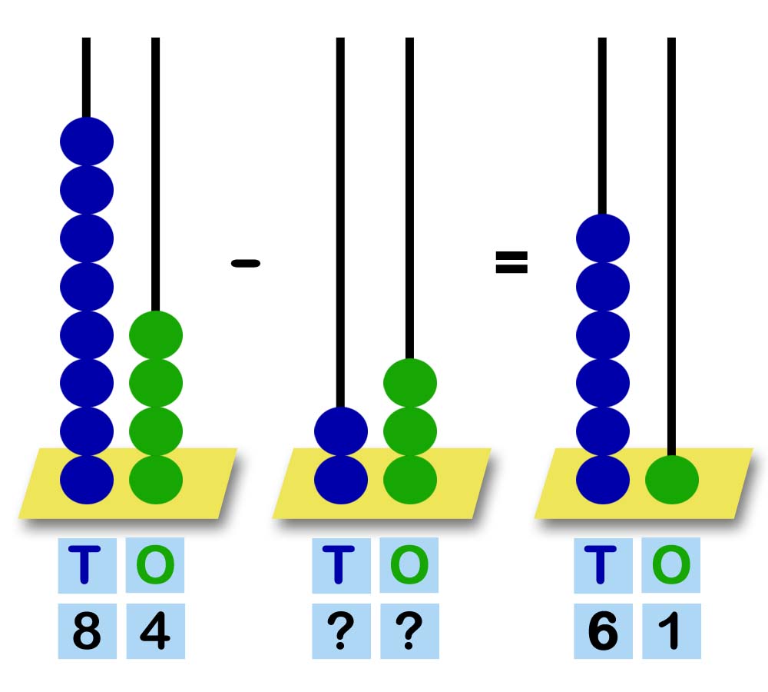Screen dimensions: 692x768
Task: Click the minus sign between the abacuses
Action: pyautogui.click(x=246, y=264)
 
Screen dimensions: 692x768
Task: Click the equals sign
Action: pyautogui.click(x=511, y=263)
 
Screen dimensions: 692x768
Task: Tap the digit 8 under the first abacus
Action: pyautogui.click(x=87, y=632)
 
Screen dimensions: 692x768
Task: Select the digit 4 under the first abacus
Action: pyautogui.click(x=155, y=632)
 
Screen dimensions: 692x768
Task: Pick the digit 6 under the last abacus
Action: pyautogui.click(x=603, y=632)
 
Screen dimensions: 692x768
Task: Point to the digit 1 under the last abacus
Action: pyautogui.click(x=671, y=632)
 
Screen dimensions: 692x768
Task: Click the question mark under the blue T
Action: pyautogui.click(x=341, y=632)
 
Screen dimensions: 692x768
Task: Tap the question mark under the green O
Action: pyautogui.click(x=409, y=632)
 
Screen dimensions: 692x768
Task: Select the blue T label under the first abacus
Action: pyautogui.click(x=87, y=565)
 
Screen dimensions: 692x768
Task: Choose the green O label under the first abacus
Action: pyautogui.click(x=155, y=565)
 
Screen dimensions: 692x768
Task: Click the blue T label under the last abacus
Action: pyautogui.click(x=603, y=565)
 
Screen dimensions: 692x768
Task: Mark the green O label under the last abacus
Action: pyautogui.click(x=671, y=565)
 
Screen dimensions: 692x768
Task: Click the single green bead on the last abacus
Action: pyautogui.click(x=672, y=480)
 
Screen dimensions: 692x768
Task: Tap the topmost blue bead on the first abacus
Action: pyautogui.click(x=87, y=141)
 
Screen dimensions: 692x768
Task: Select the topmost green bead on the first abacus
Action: pyautogui.click(x=156, y=334)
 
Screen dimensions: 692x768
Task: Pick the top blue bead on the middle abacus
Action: pyautogui.click(x=341, y=431)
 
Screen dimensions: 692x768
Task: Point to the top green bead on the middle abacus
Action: pyautogui.click(x=410, y=382)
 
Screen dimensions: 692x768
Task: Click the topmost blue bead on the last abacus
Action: pyautogui.click(x=603, y=238)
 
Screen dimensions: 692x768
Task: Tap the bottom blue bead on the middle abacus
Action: pyautogui.click(x=341, y=480)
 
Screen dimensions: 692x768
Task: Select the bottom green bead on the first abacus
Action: pyautogui.click(x=156, y=480)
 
